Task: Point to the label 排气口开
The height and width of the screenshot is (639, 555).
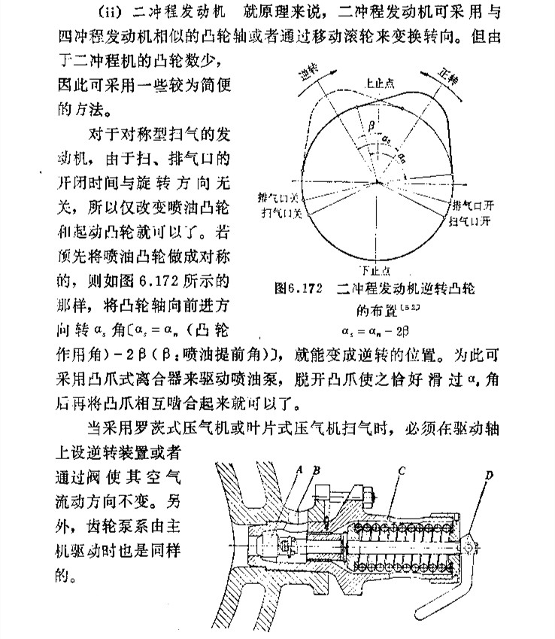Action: coord(473,205)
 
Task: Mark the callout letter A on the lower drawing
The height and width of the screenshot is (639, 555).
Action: coord(299,468)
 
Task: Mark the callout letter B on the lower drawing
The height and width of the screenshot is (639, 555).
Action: coord(317,468)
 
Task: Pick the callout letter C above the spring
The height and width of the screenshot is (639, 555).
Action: coord(404,471)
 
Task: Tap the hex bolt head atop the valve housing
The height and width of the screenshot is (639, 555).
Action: coord(370,496)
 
